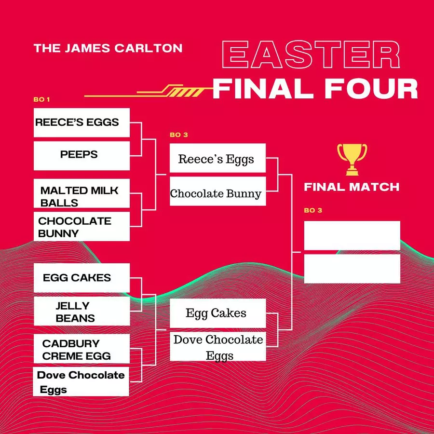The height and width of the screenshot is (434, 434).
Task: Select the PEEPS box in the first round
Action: point(81,156)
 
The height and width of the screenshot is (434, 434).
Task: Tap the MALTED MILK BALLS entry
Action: point(81,193)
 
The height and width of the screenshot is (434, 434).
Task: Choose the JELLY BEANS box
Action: point(81,311)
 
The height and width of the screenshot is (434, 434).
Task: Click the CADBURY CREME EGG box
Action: point(81,349)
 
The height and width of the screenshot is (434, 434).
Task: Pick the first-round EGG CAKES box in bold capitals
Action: point(81,278)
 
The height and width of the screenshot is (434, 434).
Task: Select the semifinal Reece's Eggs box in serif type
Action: point(218,158)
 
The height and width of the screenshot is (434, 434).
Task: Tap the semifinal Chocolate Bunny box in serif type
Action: point(218,191)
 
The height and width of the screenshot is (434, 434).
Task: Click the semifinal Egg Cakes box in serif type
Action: point(218,313)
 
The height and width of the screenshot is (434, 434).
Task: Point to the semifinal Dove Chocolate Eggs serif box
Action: point(218,347)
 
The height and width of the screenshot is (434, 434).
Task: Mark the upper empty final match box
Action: point(352,235)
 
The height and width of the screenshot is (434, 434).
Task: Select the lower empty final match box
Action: point(352,269)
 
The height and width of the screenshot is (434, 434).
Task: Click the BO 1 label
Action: point(41,100)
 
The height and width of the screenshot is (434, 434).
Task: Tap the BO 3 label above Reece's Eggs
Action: point(179,135)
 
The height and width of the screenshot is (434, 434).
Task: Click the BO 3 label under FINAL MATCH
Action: point(313,210)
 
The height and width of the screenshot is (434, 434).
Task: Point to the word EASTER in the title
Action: point(311,54)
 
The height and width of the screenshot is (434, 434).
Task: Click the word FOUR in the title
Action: point(371,89)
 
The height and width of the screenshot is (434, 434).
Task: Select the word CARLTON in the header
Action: point(149,48)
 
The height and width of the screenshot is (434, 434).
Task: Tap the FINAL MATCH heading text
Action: point(352,187)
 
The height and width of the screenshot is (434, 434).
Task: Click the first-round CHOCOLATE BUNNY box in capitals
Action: point(81,227)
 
